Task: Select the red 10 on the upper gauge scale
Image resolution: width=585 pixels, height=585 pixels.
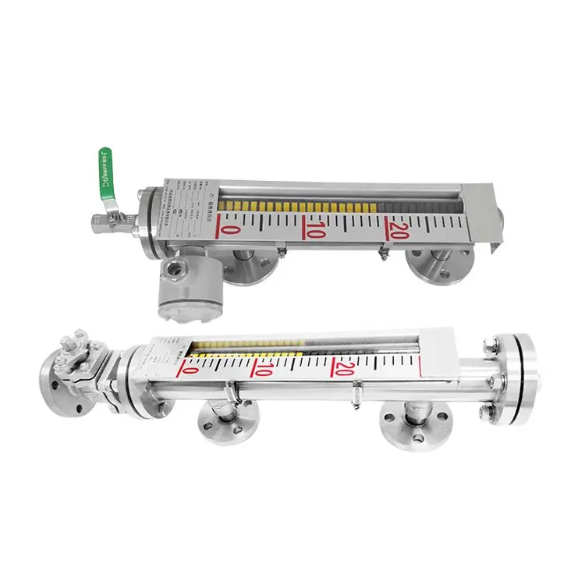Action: pos(315,232)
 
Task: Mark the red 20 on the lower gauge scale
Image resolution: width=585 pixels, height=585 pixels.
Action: pos(344,367)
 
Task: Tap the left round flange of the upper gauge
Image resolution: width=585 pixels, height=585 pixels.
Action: pos(250,265)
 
